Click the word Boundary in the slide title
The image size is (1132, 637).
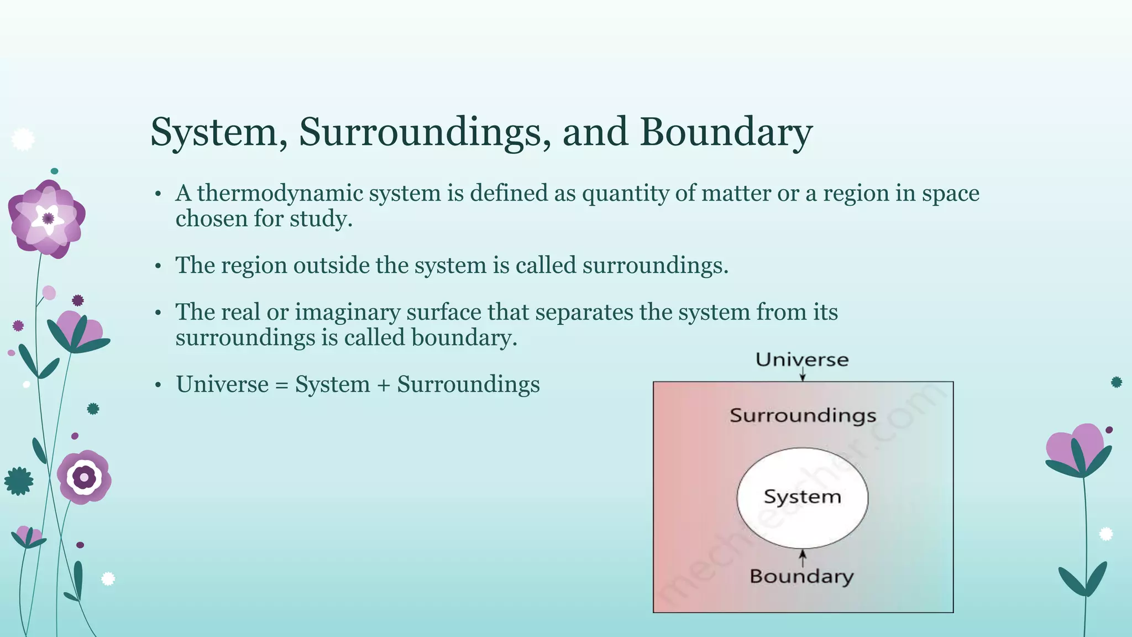[x=726, y=133]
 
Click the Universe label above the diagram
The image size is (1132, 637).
[x=802, y=360]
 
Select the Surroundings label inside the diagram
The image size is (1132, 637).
[x=803, y=416]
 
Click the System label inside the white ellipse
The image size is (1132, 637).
[x=802, y=497]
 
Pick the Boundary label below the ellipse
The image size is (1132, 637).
[x=801, y=577]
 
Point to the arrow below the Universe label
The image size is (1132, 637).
[x=803, y=375]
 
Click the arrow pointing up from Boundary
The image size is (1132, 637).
[x=803, y=557]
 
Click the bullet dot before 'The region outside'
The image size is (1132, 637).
[x=158, y=267]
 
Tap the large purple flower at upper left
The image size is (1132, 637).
[x=47, y=218]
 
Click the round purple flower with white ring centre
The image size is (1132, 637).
[x=84, y=477]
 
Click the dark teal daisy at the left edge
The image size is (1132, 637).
[x=19, y=481]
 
